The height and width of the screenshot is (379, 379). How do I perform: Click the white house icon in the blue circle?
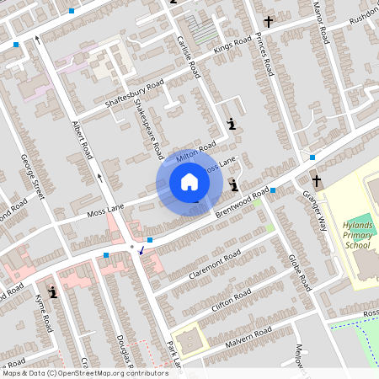click(x=189, y=182)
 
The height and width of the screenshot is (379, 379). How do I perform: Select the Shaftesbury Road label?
click(x=134, y=94)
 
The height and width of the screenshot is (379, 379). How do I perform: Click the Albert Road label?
click(x=82, y=140)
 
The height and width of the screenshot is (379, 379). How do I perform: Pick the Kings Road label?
click(x=232, y=45)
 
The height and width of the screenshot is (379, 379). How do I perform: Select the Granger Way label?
click(x=313, y=206)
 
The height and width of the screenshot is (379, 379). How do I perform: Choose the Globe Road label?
click(x=300, y=270)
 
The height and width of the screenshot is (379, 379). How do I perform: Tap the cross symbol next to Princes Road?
click(x=269, y=22)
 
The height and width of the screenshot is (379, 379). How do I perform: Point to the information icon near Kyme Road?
click(x=53, y=292)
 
